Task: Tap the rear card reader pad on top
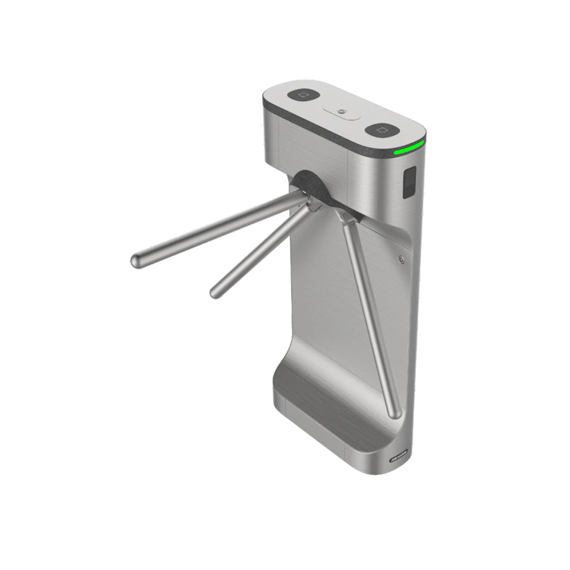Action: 303,95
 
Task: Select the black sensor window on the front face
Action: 409,183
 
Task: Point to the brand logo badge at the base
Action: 398,456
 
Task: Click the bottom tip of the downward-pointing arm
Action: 393,412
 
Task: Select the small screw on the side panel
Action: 402,259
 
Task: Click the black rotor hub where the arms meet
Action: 311,186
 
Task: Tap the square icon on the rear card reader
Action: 303,95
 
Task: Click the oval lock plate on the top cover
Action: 343,112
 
